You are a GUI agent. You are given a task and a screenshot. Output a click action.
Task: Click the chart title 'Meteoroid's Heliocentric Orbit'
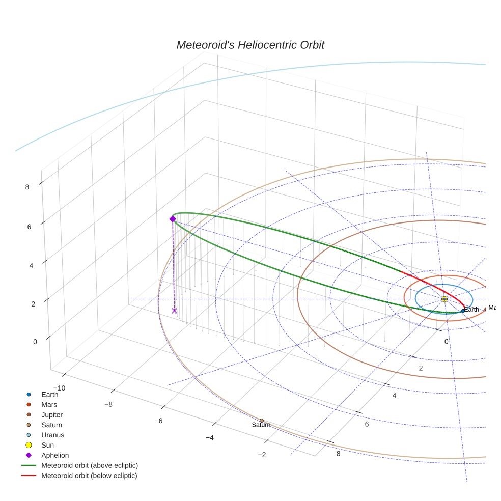(x=250, y=45)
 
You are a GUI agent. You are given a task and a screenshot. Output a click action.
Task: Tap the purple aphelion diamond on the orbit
(x=173, y=219)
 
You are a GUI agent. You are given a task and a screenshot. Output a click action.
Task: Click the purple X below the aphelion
(x=174, y=311)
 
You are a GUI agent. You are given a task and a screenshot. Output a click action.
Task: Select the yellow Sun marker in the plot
(x=444, y=299)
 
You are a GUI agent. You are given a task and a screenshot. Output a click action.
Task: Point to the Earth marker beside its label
(x=463, y=311)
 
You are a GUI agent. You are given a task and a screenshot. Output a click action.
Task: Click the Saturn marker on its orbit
(x=262, y=421)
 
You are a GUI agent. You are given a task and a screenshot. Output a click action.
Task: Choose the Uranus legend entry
(x=52, y=435)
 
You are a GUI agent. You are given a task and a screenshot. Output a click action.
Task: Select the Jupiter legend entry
(x=52, y=414)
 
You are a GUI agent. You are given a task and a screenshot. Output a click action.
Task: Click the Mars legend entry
(x=49, y=404)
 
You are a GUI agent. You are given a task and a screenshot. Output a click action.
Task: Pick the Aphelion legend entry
(x=54, y=455)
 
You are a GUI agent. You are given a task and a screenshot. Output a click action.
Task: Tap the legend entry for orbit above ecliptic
(x=89, y=465)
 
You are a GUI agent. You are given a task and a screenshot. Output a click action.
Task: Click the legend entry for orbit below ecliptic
(x=89, y=476)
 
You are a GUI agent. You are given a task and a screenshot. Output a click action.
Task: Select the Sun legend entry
(x=47, y=445)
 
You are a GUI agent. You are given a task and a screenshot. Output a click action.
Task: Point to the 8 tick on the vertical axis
(x=27, y=187)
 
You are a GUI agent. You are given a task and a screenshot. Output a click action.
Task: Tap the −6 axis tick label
(x=158, y=421)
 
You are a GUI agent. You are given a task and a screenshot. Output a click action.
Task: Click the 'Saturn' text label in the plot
(x=261, y=425)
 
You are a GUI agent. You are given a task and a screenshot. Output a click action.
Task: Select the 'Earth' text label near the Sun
(x=472, y=310)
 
